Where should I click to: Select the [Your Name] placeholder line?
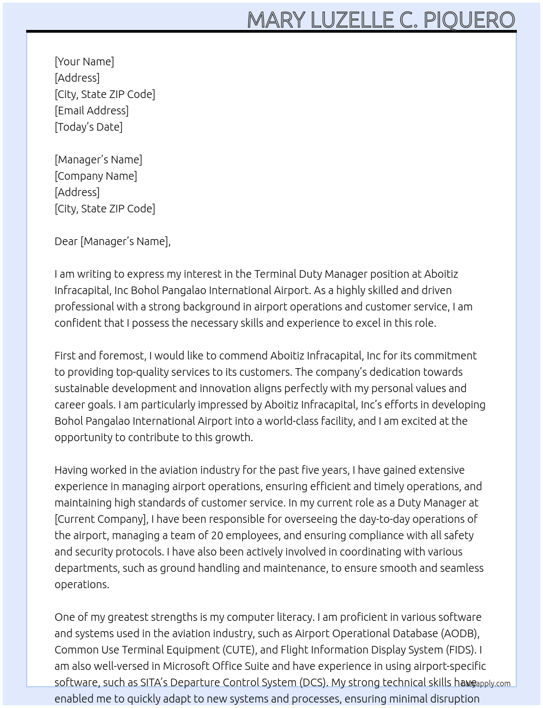84,62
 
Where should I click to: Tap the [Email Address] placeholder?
92,111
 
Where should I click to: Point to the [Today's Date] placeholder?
88,127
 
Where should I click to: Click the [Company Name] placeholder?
95,176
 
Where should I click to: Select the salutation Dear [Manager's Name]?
112,241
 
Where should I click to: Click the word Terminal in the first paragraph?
275,274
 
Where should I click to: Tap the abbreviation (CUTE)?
238,650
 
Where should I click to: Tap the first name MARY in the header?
276,20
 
